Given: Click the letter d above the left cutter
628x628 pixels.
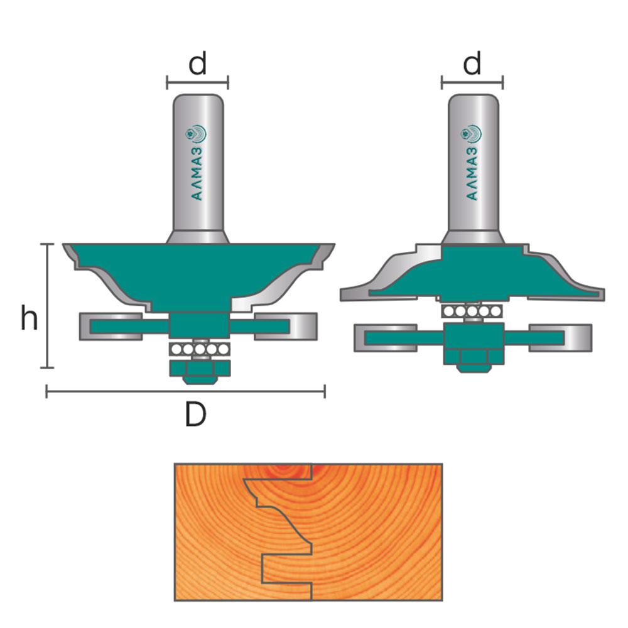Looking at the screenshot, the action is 197,63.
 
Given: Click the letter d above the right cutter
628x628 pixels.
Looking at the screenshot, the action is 472,63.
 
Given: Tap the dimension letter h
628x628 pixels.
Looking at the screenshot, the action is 30,317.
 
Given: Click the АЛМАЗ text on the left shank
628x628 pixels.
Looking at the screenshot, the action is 197,174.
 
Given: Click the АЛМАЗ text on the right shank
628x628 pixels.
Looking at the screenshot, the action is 472,174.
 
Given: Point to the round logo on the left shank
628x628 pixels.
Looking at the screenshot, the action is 196,134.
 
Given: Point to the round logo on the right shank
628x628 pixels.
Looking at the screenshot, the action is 471,134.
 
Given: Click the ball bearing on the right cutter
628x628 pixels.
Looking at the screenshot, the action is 472,311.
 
